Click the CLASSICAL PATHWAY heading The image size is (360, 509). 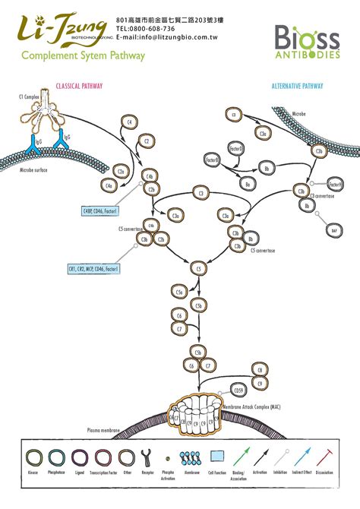pos(80,87)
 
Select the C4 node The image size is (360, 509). pos(130,122)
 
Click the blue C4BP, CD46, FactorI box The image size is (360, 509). pos(104,210)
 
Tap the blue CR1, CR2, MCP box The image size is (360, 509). pos(93,268)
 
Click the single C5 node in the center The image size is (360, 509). pos(199,268)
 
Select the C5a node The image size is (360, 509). pos(180,292)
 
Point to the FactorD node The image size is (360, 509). pos(235,150)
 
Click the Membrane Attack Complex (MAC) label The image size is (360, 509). pos(257,408)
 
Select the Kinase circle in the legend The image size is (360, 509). pos(34,457)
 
